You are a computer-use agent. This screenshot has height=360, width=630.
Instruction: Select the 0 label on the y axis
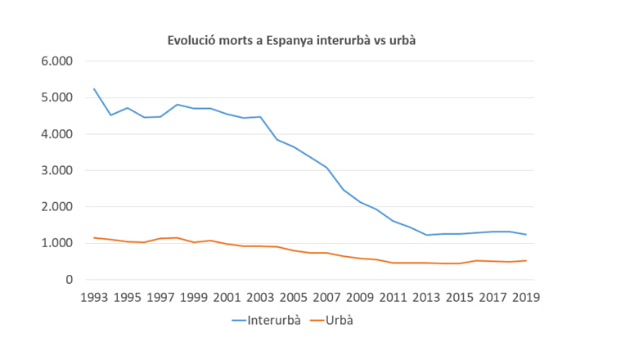[x=70, y=280]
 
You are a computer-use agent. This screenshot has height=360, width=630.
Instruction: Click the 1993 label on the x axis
[x=94, y=297]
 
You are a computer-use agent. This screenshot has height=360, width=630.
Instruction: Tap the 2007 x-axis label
[x=326, y=297]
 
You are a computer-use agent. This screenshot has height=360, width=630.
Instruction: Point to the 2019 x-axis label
[x=525, y=297]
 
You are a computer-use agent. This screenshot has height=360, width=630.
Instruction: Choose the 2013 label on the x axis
[x=425, y=297]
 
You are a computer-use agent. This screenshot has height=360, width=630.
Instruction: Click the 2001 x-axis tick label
[x=227, y=297]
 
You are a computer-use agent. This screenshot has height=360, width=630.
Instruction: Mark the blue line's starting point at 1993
[x=94, y=89]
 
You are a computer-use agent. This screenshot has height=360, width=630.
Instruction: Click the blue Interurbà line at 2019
[x=525, y=235]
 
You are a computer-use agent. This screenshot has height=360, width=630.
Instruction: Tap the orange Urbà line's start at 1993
[x=94, y=237]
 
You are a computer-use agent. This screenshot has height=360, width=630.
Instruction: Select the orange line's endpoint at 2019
[x=525, y=261]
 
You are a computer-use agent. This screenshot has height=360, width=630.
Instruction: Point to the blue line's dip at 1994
[x=110, y=115]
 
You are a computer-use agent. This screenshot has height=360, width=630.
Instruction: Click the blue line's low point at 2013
[x=425, y=235]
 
